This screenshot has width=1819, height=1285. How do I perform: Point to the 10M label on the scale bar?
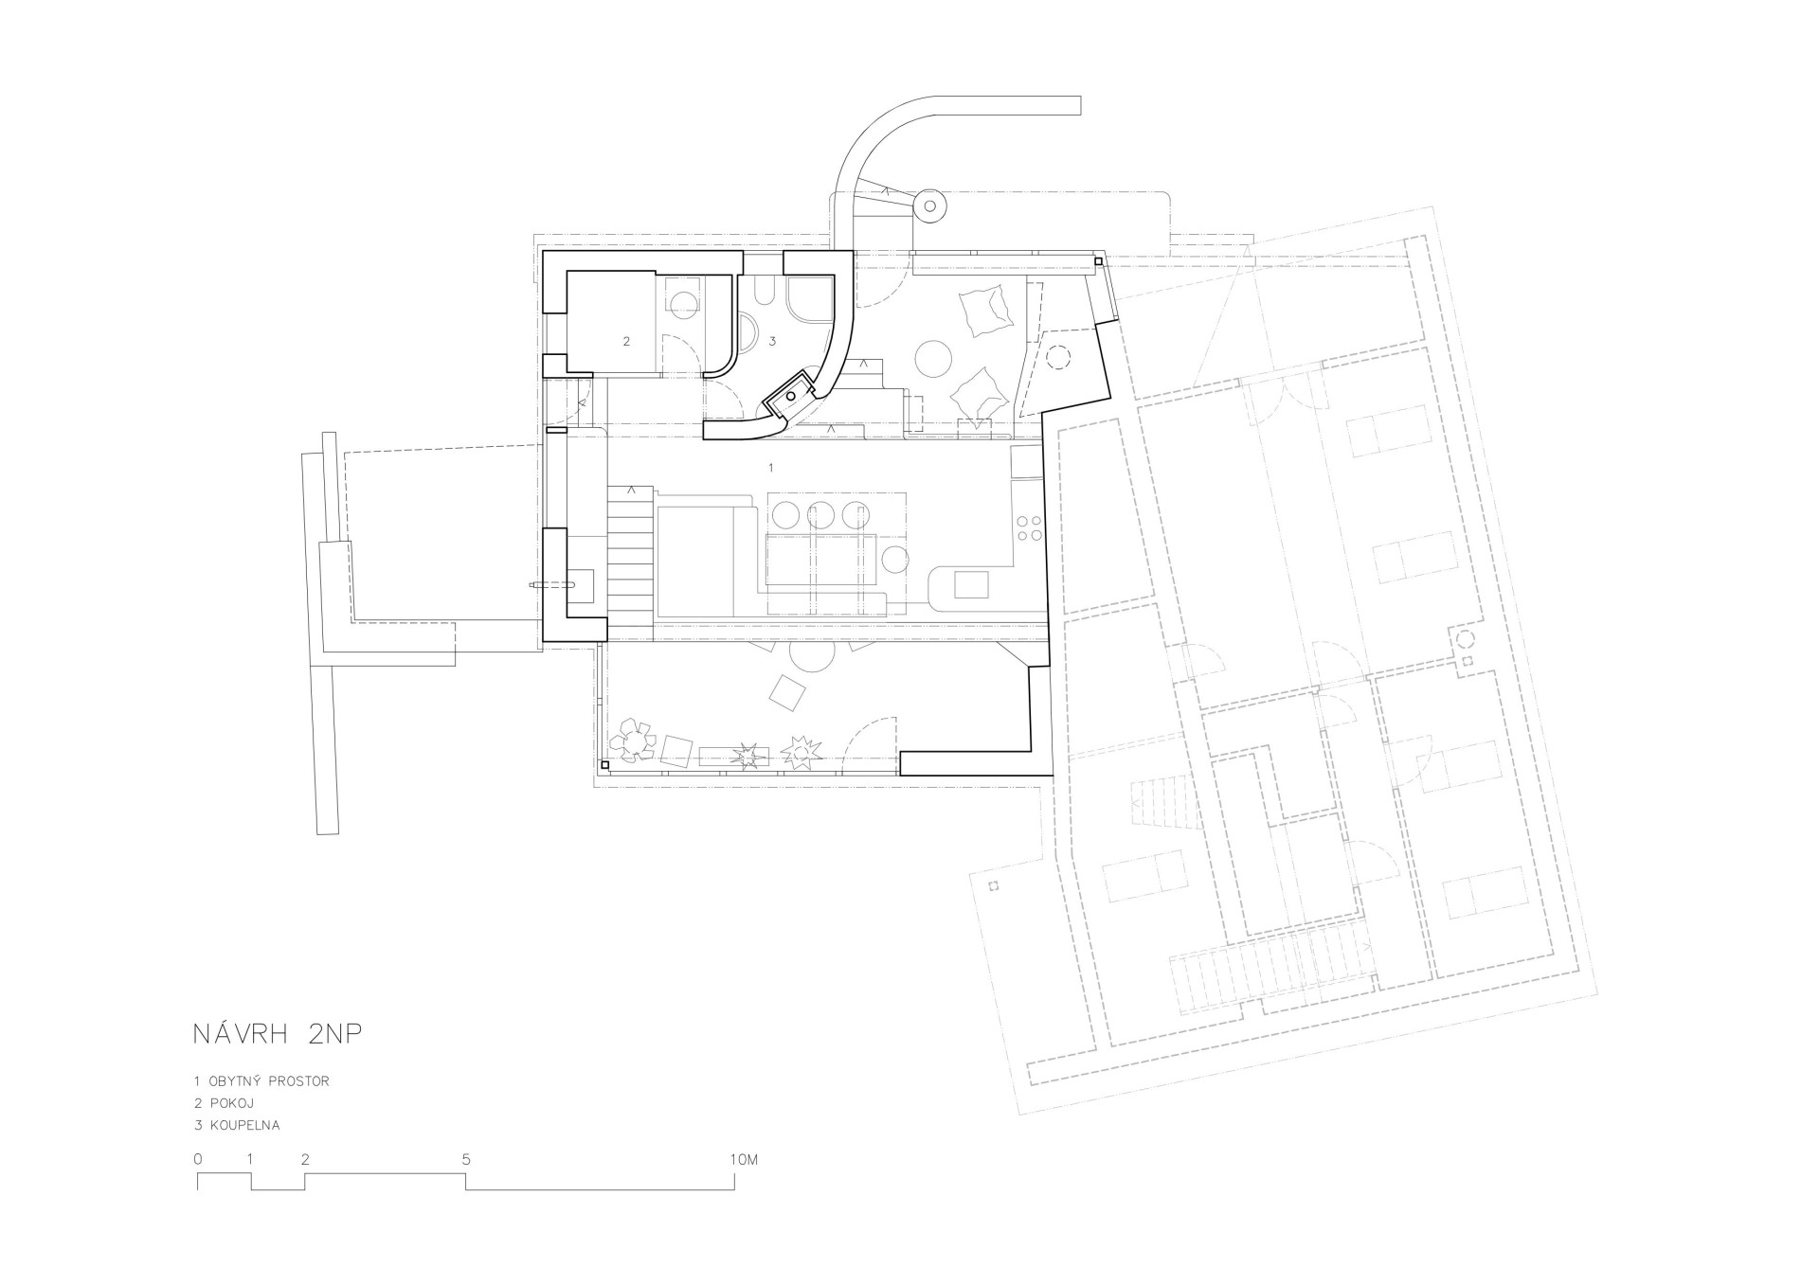point(744,1159)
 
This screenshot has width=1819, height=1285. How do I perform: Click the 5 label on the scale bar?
point(466,1159)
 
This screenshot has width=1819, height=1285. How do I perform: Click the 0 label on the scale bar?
point(197,1159)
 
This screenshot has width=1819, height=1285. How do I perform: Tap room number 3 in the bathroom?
point(773,340)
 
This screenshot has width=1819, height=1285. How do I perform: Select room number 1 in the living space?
point(771,468)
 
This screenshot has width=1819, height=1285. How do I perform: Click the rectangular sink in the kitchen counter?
point(970,585)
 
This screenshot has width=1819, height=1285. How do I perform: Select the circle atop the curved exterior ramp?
point(929,205)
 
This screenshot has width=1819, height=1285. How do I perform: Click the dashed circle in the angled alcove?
point(1057,357)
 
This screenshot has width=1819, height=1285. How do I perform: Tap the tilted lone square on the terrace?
point(788,692)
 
